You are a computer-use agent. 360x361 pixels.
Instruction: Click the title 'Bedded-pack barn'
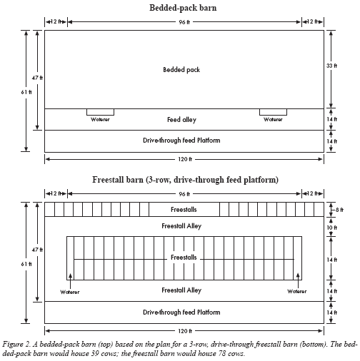pos(183,8)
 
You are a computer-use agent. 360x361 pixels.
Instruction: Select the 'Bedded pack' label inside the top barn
pos(181,70)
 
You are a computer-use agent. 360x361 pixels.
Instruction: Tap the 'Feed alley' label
pos(181,119)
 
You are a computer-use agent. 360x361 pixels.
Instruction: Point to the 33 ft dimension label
pos(331,66)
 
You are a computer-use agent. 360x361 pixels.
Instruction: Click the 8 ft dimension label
pos(339,210)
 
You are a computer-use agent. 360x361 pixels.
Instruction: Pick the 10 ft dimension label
pos(331,228)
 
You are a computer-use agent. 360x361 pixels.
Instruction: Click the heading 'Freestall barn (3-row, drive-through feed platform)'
pos(185,180)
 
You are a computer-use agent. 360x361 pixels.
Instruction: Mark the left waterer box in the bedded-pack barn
pos(100,112)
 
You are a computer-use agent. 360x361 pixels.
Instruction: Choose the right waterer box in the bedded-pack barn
pos(273,112)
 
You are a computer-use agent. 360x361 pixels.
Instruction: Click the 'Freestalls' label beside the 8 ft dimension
pos(184,210)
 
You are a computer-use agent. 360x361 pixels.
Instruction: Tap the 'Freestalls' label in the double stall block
pos(184,258)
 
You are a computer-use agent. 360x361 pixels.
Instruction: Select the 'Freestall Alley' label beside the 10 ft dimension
pos(181,226)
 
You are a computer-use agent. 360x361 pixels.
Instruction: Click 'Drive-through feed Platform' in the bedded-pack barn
pos(181,141)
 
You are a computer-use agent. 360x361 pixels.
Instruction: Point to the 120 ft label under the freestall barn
pos(185,331)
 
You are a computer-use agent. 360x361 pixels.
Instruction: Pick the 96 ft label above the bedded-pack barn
pos(184,22)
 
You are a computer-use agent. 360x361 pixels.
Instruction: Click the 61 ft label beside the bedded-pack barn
pos(26,92)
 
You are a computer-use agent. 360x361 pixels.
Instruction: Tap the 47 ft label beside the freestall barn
pos(37,250)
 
